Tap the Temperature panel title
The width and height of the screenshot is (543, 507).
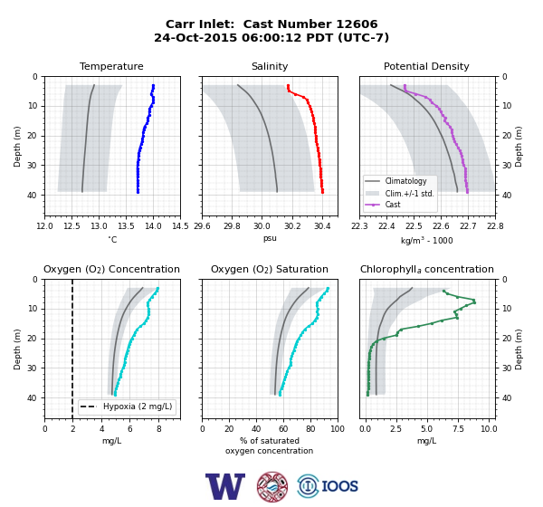(x=111, y=66)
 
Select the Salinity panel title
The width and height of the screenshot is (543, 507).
(x=270, y=66)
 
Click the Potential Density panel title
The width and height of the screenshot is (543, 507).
(x=426, y=66)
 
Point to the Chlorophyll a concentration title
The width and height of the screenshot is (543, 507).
(x=427, y=269)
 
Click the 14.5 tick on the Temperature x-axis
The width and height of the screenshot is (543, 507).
(x=180, y=226)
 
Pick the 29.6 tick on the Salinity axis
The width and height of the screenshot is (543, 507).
(x=202, y=226)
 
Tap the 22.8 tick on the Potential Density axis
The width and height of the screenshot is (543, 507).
(x=495, y=226)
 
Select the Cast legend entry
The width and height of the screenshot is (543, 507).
(x=383, y=205)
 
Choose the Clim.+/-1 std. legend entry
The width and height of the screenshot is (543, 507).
(x=399, y=193)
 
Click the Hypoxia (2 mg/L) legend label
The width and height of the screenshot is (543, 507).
(x=138, y=407)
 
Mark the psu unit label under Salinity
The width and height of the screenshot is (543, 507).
(x=270, y=238)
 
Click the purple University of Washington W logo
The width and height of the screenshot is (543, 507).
(x=225, y=486)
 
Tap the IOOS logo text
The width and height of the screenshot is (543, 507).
(x=339, y=486)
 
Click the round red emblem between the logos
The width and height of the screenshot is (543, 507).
(x=272, y=486)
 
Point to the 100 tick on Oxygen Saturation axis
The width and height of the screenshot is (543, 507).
(x=338, y=429)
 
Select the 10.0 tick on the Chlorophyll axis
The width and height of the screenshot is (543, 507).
(x=489, y=429)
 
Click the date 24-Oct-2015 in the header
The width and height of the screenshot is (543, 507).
(x=195, y=37)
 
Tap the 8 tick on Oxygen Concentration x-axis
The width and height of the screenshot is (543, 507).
(x=159, y=429)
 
